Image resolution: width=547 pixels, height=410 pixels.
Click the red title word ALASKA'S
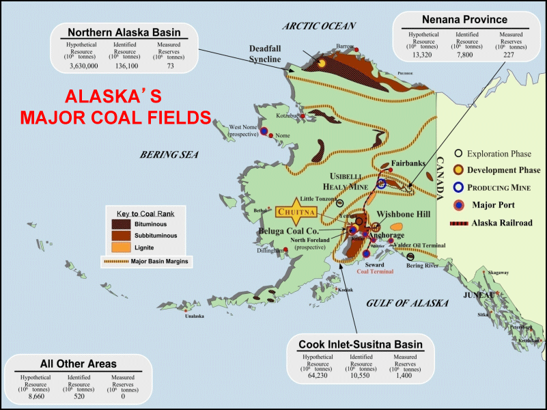tap(115, 96)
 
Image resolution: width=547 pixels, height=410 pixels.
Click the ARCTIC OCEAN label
tap(320, 26)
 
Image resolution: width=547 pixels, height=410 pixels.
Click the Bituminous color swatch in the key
tap(122, 223)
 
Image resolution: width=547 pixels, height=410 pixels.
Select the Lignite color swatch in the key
tap(122, 247)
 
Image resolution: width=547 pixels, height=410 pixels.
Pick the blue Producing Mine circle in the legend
tap(459, 187)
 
